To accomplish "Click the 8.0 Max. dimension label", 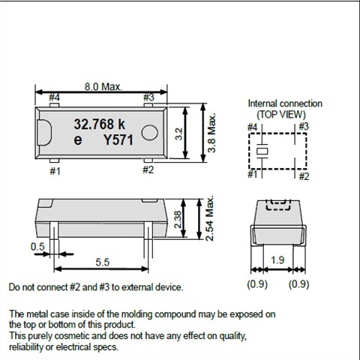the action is click(x=103, y=87).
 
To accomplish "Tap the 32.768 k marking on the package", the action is click(x=99, y=124).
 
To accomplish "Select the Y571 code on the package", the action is click(x=118, y=140).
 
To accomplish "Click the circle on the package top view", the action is click(x=149, y=132).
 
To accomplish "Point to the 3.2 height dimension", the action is click(x=179, y=133).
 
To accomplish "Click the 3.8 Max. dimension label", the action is click(x=211, y=133).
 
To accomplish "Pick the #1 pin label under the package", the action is click(x=55, y=171).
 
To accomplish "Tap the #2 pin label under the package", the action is click(x=148, y=169).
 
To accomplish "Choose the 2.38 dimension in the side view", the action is click(x=178, y=220).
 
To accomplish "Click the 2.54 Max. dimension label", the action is click(x=209, y=218).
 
